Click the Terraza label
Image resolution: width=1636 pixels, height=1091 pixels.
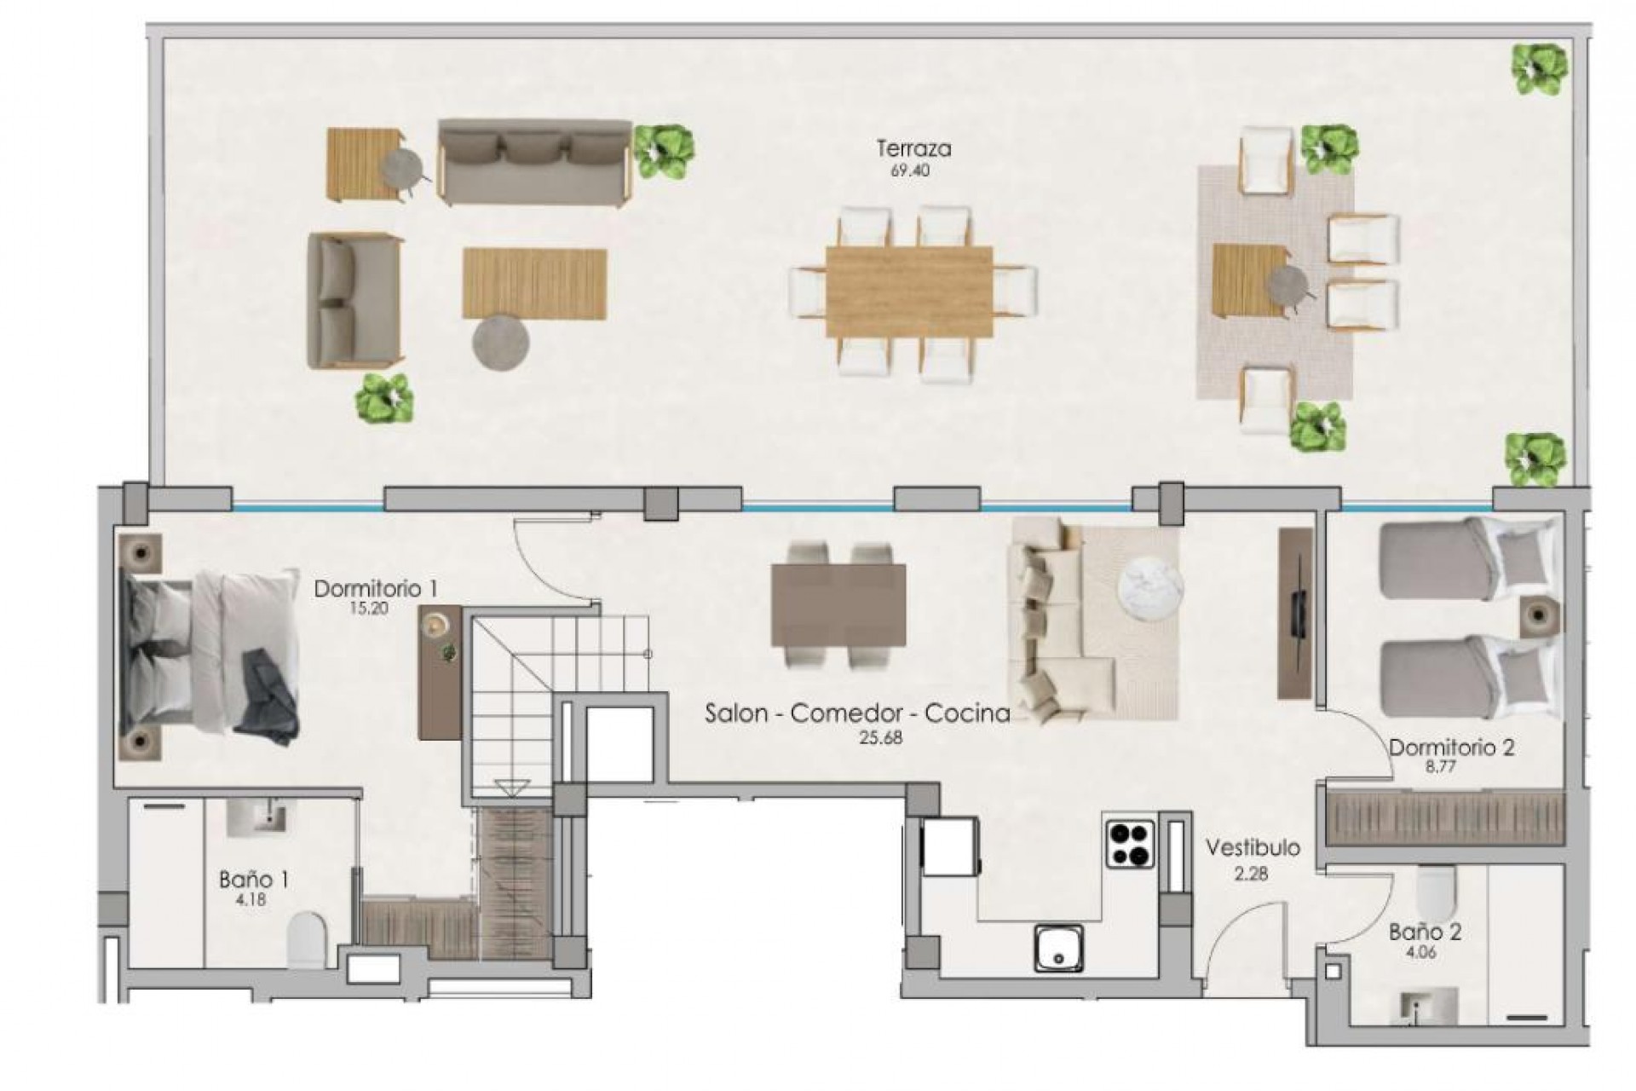913,149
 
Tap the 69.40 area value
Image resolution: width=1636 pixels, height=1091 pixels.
910,171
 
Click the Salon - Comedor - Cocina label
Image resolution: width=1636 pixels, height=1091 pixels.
856,713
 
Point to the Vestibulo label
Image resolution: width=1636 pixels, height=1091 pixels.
1253,848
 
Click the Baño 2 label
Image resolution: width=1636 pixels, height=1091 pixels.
1425,932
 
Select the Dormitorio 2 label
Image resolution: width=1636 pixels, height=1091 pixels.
1451,748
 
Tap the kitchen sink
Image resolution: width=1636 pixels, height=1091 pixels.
1059,949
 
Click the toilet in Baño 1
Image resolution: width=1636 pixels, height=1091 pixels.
308,940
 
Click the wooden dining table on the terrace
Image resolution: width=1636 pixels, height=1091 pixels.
909,292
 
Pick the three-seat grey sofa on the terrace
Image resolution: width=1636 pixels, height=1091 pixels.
535,162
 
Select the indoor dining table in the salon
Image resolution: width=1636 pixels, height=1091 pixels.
838,605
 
